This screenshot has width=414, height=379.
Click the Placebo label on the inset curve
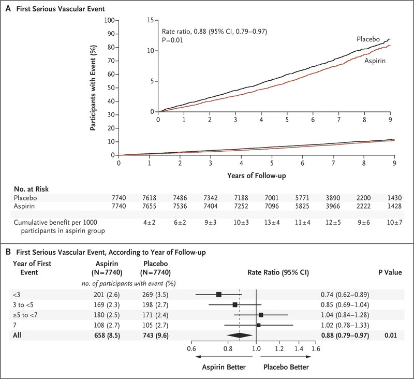point(368,39)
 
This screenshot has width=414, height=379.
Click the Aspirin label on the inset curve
point(375,61)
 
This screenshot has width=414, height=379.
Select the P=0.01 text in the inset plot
point(172,40)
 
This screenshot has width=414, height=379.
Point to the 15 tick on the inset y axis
point(151,20)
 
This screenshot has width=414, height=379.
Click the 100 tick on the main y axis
point(109,20)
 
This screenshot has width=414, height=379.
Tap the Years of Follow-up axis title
point(257,176)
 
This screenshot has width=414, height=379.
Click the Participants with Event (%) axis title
point(93,88)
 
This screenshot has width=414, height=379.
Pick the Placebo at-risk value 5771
point(302,198)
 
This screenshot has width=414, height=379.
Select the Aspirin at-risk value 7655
point(149,206)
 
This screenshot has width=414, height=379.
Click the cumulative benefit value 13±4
point(272,223)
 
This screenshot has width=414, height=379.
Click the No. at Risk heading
point(31,189)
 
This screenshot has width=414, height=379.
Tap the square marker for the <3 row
point(218,295)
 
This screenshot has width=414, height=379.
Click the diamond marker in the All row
point(240,335)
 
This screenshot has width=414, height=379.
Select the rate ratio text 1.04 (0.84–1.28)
point(345,315)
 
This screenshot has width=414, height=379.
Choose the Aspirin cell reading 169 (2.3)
point(107,305)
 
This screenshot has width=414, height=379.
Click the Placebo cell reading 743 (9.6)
point(155,336)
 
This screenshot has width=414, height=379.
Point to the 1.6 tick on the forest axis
point(316,349)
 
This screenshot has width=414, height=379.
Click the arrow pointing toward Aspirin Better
point(224,357)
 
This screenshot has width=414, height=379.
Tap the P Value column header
point(390,272)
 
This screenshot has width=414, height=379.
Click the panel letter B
point(8,252)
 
